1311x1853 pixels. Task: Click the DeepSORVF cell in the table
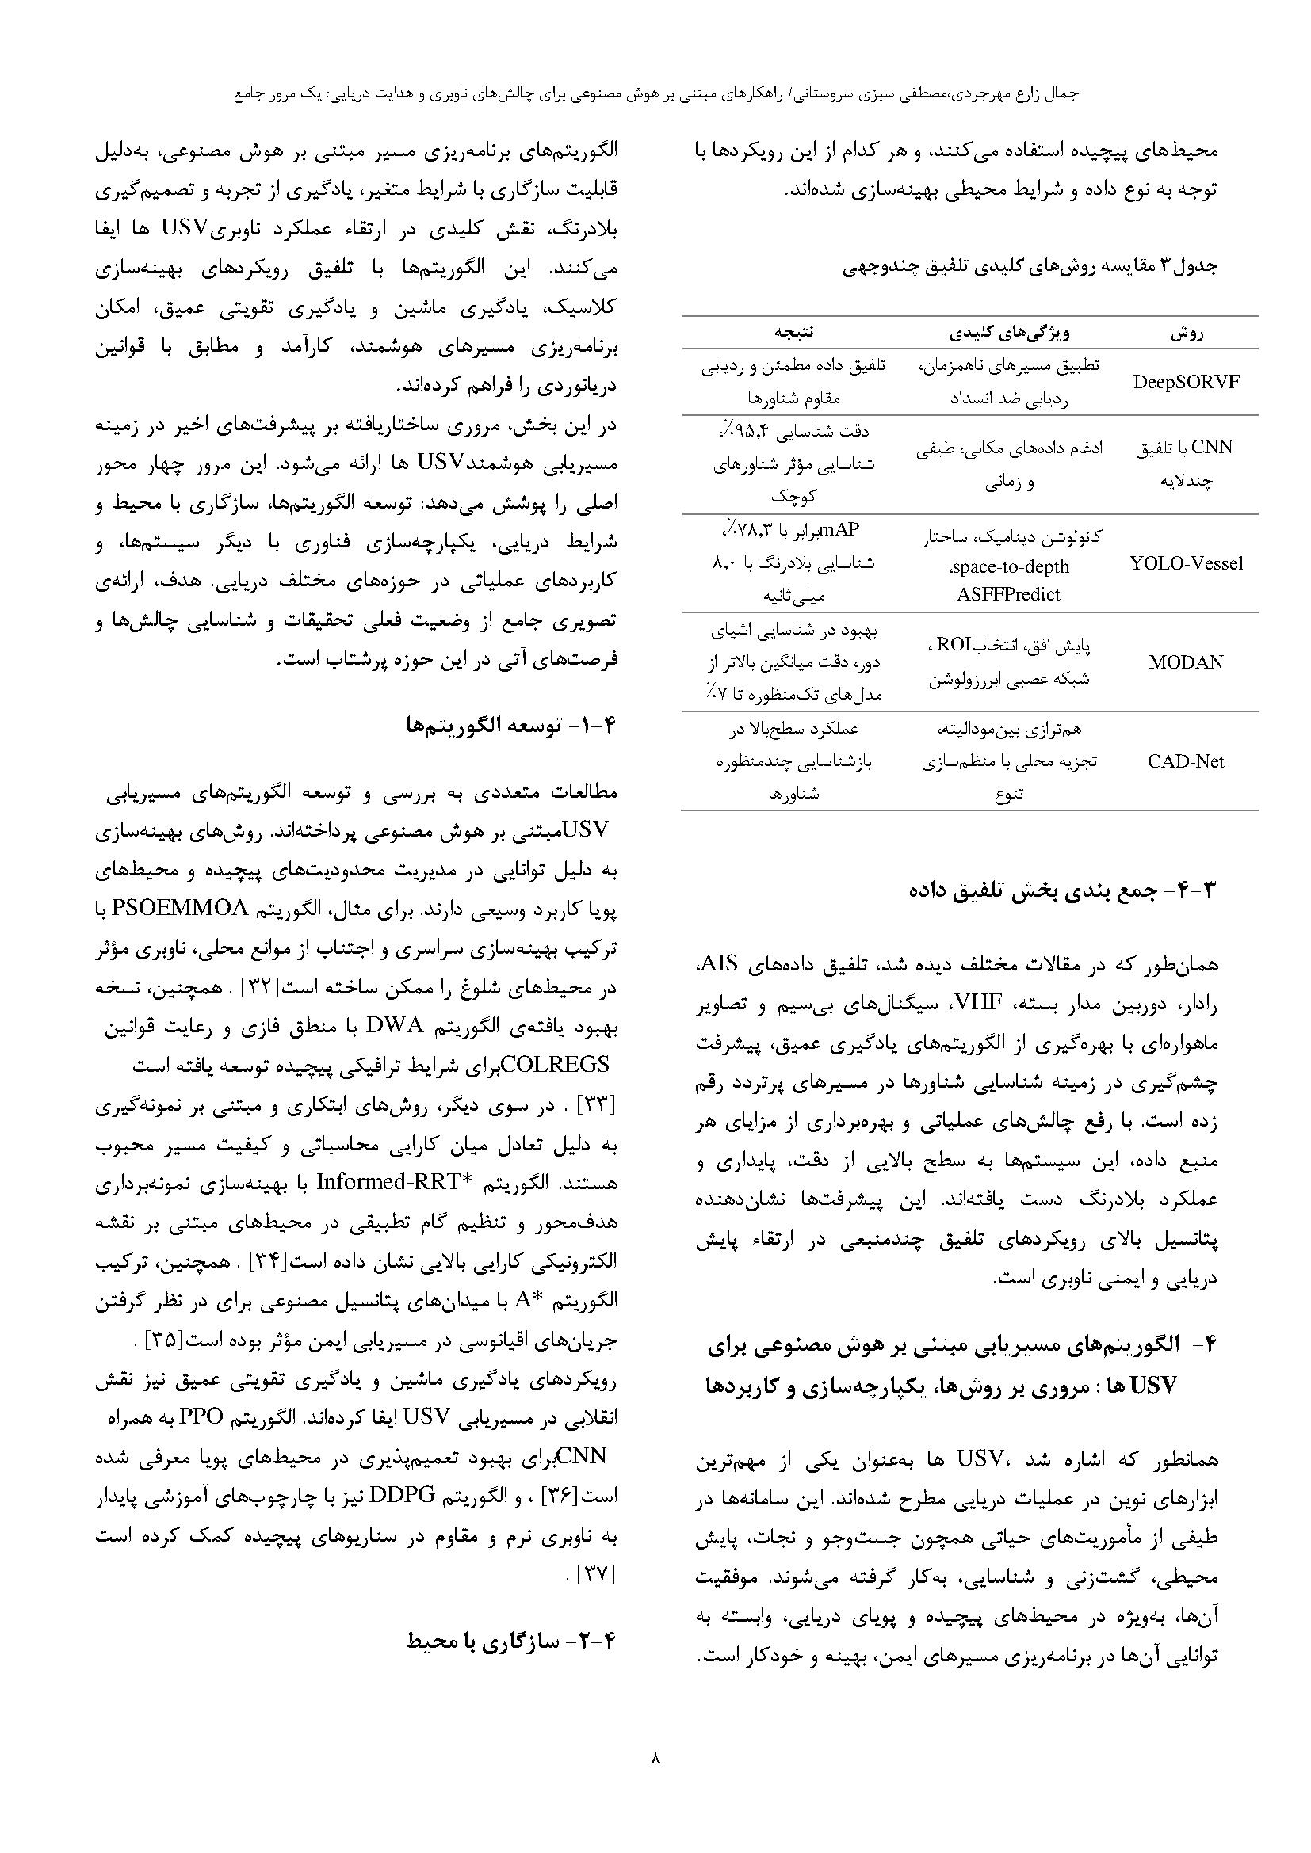pos(1186,383)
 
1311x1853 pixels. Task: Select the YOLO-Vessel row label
pos(1186,563)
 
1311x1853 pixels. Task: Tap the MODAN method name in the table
pos(1186,662)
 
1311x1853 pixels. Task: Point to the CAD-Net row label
pos(1186,761)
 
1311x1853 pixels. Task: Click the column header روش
pos(1187,333)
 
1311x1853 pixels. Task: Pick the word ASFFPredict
pos(1008,595)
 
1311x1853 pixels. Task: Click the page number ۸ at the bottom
pos(655,1757)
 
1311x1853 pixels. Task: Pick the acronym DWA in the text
pos(396,1027)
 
